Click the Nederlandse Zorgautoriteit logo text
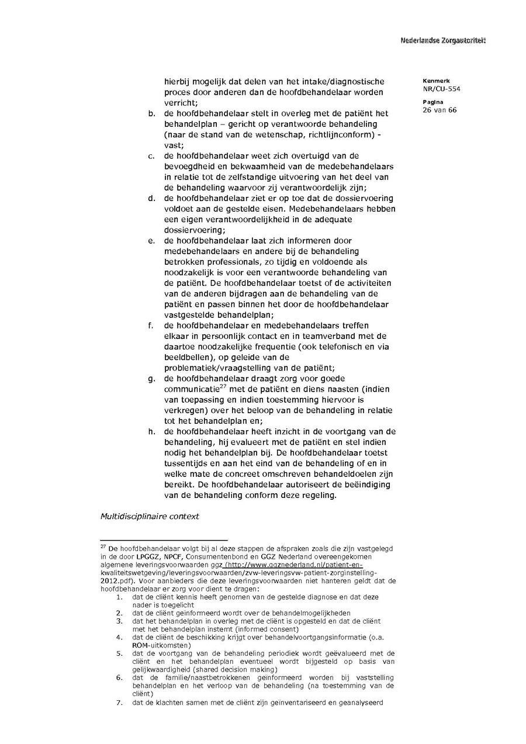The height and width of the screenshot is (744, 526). pyautogui.click(x=443, y=40)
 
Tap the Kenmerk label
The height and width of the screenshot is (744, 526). pyautogui.click(x=433, y=81)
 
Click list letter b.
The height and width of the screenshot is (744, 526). pyautogui.click(x=151, y=113)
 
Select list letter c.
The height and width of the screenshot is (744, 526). pyautogui.click(x=151, y=156)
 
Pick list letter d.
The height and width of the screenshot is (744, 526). pyautogui.click(x=151, y=198)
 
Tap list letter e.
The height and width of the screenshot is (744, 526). pyautogui.click(x=151, y=241)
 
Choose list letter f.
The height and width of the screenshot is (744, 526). pyautogui.click(x=151, y=325)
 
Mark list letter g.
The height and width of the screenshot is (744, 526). pyautogui.click(x=151, y=378)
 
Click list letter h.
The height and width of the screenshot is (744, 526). pyautogui.click(x=151, y=431)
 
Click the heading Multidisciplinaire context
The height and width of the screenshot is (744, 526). pyautogui.click(x=150, y=516)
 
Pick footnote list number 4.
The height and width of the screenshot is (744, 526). pyautogui.click(x=119, y=636)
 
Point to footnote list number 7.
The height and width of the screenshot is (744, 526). pyautogui.click(x=119, y=702)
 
